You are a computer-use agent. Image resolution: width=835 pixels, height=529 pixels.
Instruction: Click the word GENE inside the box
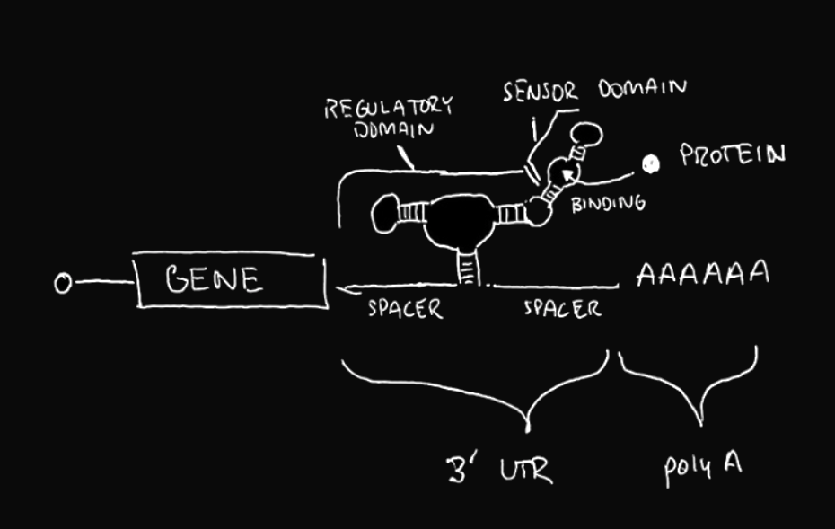pyautogui.click(x=215, y=280)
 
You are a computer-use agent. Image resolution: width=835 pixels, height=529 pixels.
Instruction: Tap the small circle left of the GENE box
pyautogui.click(x=63, y=284)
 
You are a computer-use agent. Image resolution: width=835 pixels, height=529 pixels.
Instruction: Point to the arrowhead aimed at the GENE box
pyautogui.click(x=342, y=289)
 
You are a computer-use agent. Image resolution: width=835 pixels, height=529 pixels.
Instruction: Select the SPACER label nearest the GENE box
pyautogui.click(x=405, y=310)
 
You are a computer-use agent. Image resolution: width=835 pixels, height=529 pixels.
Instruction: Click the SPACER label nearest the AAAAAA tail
pyautogui.click(x=562, y=310)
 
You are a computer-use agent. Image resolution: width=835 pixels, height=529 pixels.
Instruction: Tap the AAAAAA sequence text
pyautogui.click(x=702, y=274)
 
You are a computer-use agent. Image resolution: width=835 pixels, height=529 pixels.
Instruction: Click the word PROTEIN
pyautogui.click(x=732, y=155)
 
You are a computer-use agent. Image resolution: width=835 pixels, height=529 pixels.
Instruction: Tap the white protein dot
pyautogui.click(x=651, y=163)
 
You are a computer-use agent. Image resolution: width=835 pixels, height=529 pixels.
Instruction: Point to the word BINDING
pyautogui.click(x=608, y=204)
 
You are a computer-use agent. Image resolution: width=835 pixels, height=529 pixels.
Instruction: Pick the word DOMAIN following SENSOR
pyautogui.click(x=642, y=89)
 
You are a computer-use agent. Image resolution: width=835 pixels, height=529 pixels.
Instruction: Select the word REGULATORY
pyautogui.click(x=388, y=107)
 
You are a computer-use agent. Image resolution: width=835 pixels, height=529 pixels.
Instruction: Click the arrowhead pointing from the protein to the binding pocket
pyautogui.click(x=566, y=174)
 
